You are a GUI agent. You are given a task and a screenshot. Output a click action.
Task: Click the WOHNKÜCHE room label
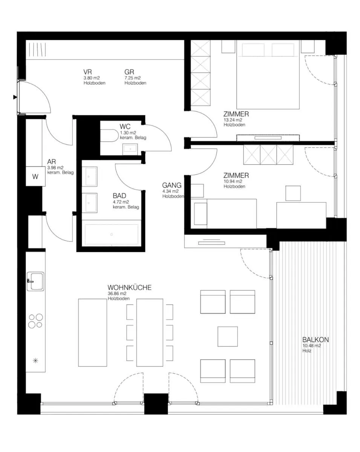[x=129, y=287]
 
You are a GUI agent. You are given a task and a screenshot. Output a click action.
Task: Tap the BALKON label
[x=316, y=339]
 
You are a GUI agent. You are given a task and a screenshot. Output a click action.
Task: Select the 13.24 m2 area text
[x=233, y=120]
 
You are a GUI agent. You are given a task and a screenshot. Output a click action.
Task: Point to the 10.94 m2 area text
[x=233, y=181]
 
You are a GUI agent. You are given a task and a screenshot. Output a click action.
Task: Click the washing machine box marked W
[x=35, y=176]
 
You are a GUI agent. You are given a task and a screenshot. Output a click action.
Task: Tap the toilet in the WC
[x=109, y=135]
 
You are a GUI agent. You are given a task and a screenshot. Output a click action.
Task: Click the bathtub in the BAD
[x=112, y=234]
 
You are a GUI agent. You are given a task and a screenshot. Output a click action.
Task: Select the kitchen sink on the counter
[x=35, y=281]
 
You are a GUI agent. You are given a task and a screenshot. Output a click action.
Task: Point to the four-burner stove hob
[x=35, y=321]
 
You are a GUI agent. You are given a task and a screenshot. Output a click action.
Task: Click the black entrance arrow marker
[x=15, y=97]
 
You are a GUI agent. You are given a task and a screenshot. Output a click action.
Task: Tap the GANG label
[x=172, y=185]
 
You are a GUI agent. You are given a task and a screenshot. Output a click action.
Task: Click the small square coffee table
[x=228, y=336]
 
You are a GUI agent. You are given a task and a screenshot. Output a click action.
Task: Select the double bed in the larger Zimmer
[x=268, y=75]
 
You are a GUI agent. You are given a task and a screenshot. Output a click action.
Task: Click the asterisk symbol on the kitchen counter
[x=35, y=360]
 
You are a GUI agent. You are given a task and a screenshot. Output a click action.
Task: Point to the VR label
[x=87, y=72]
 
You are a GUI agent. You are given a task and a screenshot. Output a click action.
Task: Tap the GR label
[x=129, y=72]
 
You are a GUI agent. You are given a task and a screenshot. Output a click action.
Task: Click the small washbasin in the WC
[x=130, y=149]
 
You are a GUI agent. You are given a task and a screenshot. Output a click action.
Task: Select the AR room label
[x=52, y=162]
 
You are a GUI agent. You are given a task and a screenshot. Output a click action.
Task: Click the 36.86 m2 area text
[x=117, y=293]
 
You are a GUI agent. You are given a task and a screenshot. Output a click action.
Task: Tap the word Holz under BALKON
[x=307, y=351]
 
